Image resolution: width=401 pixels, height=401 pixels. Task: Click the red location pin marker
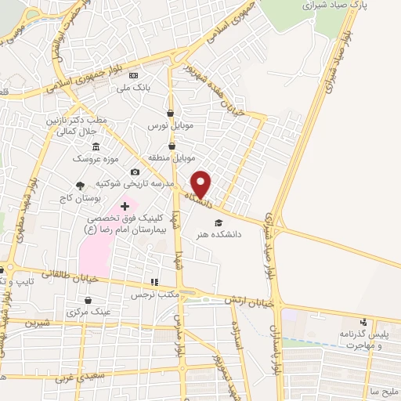click(x=201, y=183)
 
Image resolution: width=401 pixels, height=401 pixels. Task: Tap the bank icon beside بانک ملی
click(x=134, y=75)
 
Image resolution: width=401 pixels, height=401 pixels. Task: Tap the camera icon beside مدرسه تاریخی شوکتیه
click(x=135, y=172)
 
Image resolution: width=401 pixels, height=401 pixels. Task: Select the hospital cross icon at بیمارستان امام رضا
click(x=125, y=204)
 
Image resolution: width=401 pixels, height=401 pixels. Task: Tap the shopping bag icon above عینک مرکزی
click(x=88, y=300)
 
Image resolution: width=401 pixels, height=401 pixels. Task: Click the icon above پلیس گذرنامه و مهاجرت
click(x=362, y=322)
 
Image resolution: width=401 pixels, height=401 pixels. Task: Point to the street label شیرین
click(x=36, y=322)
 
